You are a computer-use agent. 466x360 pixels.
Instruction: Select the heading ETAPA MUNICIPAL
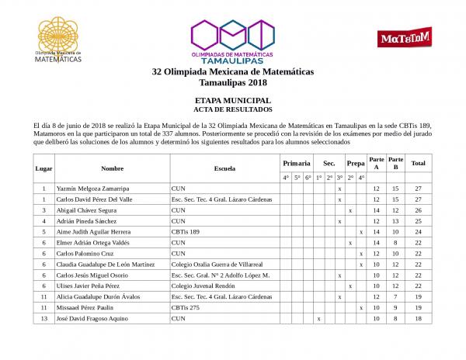click(232, 101)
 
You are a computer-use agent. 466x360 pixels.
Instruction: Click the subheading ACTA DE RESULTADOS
click(232, 109)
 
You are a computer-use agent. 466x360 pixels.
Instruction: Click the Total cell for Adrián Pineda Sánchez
click(418, 221)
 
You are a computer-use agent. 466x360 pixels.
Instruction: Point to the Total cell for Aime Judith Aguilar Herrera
click(418, 232)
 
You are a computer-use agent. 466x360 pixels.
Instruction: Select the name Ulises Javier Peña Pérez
click(85, 286)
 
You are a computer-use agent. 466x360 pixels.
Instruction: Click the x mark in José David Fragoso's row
click(318, 319)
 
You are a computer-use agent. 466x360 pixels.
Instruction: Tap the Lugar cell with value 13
click(45, 319)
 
